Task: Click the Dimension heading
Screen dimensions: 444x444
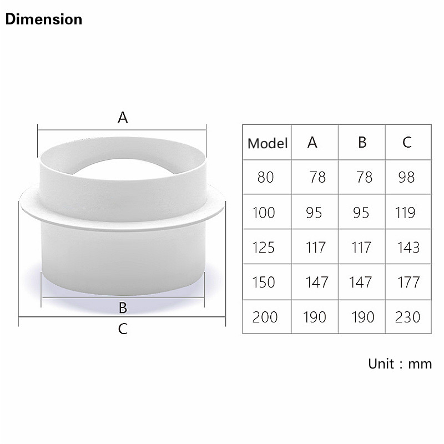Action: point(44,19)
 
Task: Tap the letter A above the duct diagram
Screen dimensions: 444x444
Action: point(123,117)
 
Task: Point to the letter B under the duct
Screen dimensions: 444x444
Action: point(123,308)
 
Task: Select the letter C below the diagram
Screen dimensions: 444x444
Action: point(123,329)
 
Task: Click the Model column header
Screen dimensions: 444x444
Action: point(268,143)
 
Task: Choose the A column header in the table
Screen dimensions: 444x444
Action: point(312,142)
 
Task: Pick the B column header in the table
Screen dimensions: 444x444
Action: point(362,142)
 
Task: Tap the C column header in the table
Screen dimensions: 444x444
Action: point(407,142)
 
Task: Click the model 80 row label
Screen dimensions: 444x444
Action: point(265,178)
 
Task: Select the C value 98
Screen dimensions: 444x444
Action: point(406,178)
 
